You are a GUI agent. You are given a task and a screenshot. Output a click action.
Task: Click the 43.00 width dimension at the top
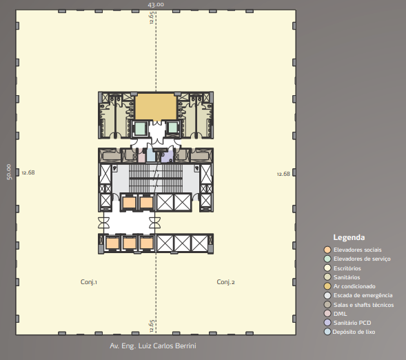[x=156, y=4]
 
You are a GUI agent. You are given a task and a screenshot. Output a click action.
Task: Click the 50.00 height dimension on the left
[x=9, y=172]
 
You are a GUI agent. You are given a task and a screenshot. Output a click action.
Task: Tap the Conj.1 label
[x=89, y=282]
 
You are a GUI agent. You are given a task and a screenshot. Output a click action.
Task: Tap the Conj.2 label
[x=226, y=282]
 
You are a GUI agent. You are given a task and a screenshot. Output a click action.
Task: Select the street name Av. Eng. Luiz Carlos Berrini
[x=153, y=346]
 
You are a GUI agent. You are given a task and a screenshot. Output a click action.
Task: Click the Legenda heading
[x=349, y=237]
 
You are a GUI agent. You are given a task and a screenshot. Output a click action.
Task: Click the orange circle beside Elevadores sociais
[x=327, y=250]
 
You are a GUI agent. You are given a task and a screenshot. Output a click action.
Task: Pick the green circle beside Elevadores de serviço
[x=327, y=259]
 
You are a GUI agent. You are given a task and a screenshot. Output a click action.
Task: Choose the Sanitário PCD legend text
[x=352, y=323]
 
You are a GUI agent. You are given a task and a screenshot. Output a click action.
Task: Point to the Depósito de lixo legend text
[x=354, y=332]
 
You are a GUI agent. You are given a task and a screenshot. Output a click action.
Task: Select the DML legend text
[x=341, y=314]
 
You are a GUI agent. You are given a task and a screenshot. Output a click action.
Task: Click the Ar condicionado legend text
[x=354, y=286]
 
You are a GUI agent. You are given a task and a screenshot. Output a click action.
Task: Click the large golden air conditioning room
[x=156, y=107]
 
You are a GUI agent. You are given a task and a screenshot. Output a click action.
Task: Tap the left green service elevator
[x=141, y=128]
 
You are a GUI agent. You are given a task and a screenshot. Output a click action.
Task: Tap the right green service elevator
[x=172, y=128]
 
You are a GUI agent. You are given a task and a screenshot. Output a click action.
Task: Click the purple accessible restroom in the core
[x=167, y=157]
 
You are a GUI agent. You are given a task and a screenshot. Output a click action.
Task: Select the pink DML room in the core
[x=141, y=156]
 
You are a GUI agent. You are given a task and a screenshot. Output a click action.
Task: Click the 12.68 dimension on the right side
[x=283, y=174]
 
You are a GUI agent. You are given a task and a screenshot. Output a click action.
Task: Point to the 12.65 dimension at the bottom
[x=152, y=326]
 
